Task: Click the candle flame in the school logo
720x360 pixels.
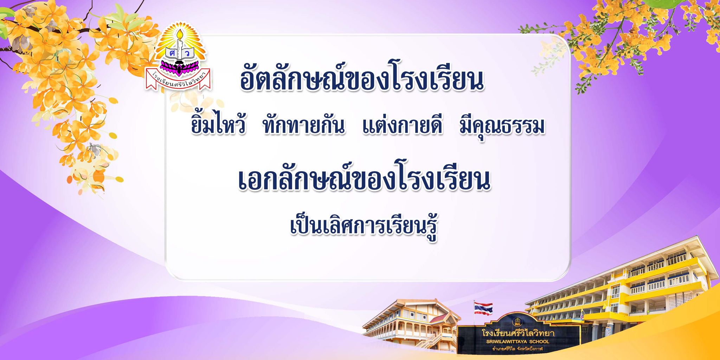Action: pyautogui.click(x=180, y=35)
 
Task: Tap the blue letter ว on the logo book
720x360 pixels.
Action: pyautogui.click(x=187, y=53)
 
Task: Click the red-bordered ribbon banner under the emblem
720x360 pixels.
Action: pyautogui.click(x=178, y=79)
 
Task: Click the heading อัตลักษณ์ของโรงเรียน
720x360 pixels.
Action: pyautogui.click(x=362, y=77)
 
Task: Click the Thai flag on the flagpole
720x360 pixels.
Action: pyautogui.click(x=483, y=308)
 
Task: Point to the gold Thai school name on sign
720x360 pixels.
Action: pyautogui.click(x=518, y=333)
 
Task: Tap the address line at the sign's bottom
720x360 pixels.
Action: pyautogui.click(x=517, y=349)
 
